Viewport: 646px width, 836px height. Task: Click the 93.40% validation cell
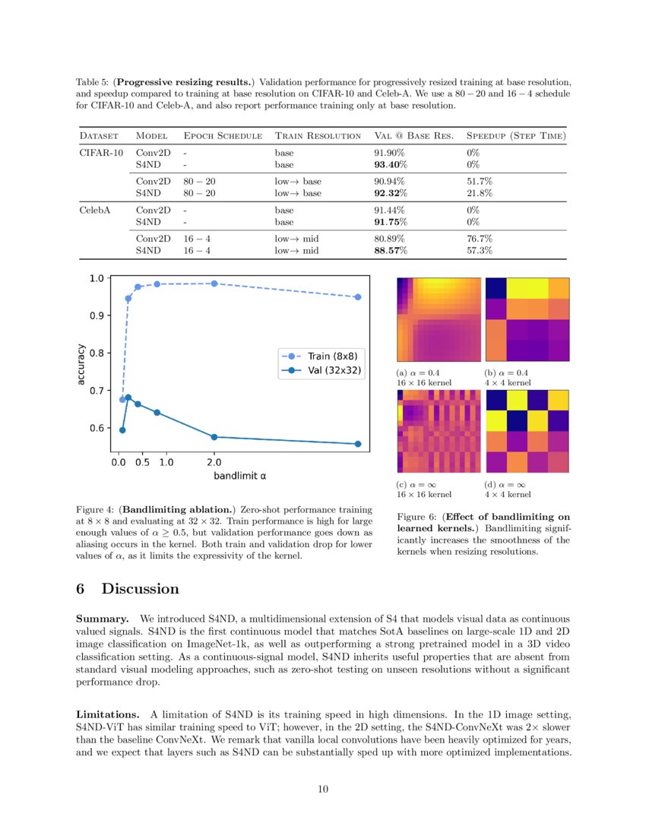tap(391, 164)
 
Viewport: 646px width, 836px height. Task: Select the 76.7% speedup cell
tap(480, 239)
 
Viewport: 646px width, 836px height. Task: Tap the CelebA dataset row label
tap(94, 211)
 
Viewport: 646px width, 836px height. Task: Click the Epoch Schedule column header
tap(223, 136)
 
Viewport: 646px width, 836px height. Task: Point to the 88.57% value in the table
tap(391, 250)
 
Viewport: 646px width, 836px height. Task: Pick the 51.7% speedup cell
tap(480, 182)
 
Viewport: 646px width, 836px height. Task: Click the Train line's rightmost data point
tap(357, 297)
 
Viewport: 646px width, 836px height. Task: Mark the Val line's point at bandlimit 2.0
tap(214, 437)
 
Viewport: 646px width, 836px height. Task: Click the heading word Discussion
tap(141, 589)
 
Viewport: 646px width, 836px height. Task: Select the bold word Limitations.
tap(107, 715)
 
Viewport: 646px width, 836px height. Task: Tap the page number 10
tap(323, 790)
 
